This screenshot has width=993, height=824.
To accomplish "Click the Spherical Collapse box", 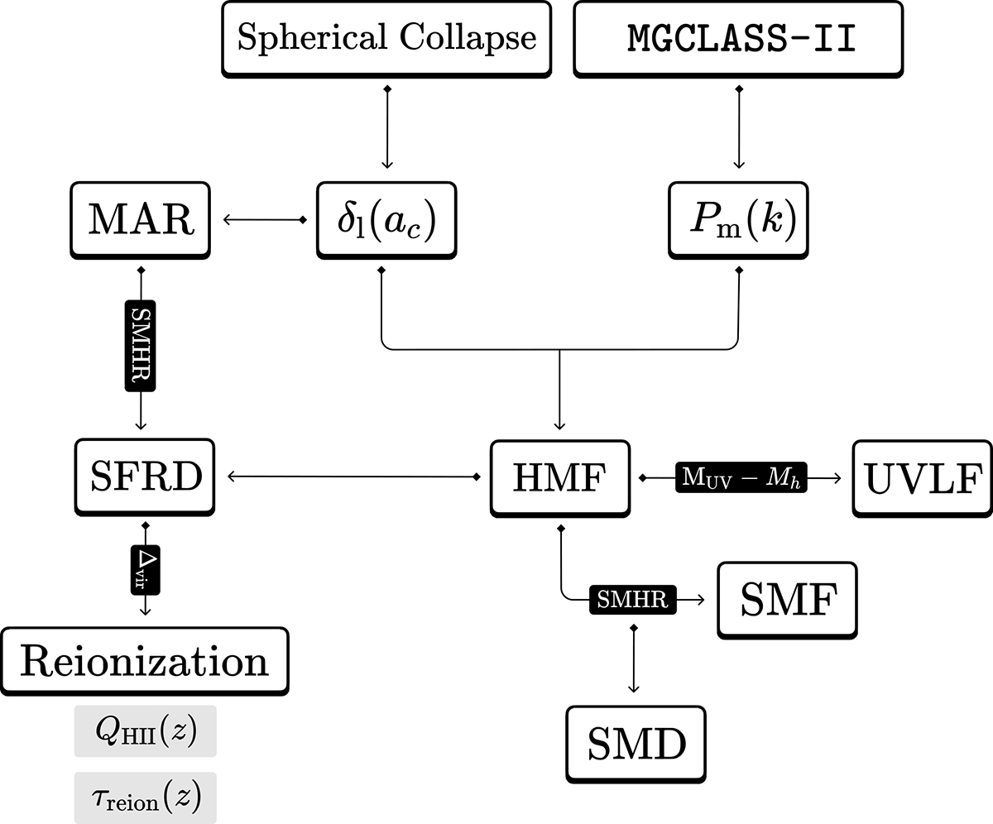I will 386,38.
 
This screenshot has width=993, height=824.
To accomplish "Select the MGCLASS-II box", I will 739,38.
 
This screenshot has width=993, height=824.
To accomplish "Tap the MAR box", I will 142,220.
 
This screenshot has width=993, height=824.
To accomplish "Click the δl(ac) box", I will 386,220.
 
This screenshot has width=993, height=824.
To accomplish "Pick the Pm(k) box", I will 739,220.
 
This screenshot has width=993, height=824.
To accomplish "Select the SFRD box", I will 145,477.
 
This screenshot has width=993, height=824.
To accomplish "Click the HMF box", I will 560,477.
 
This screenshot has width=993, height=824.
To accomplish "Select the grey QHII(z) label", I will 145,731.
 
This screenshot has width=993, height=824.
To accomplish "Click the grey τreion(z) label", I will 145,798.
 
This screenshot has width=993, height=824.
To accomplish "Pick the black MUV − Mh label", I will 741,477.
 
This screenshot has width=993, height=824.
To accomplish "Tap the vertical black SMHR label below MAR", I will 141,346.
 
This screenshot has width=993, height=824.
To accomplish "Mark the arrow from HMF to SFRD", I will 352,477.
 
